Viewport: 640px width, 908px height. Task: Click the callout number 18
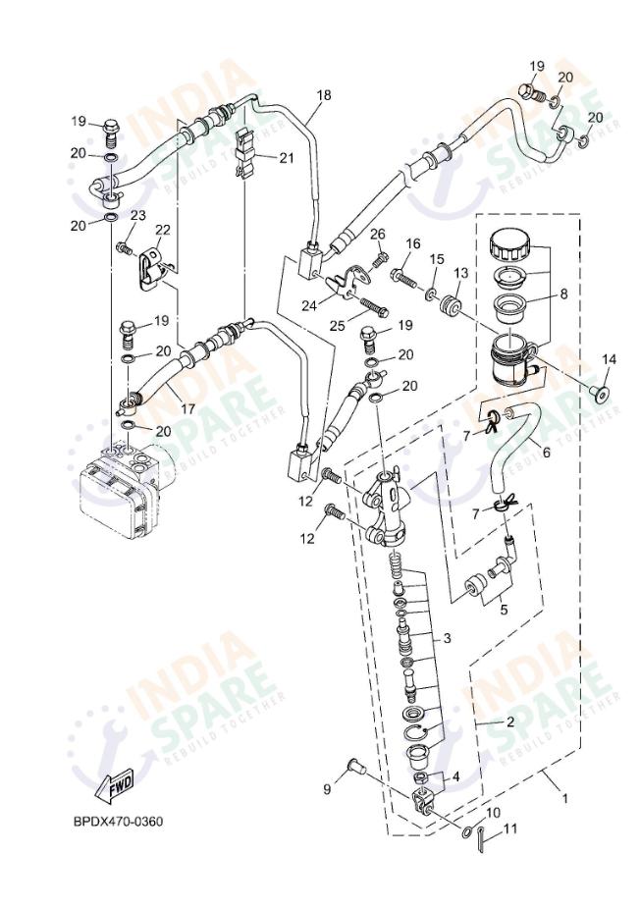pos(324,95)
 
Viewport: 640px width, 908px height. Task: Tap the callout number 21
pos(286,157)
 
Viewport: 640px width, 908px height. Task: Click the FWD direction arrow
pos(115,785)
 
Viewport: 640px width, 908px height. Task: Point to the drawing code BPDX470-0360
pos(117,821)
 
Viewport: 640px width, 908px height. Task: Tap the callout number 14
pos(608,360)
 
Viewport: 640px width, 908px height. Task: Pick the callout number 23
pos(138,216)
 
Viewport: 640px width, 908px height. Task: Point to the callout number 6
pos(545,452)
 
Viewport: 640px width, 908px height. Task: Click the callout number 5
pos(503,609)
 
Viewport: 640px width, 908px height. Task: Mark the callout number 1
pos(564,798)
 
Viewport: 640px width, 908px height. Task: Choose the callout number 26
pos(378,234)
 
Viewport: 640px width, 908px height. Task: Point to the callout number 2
pos(509,721)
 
